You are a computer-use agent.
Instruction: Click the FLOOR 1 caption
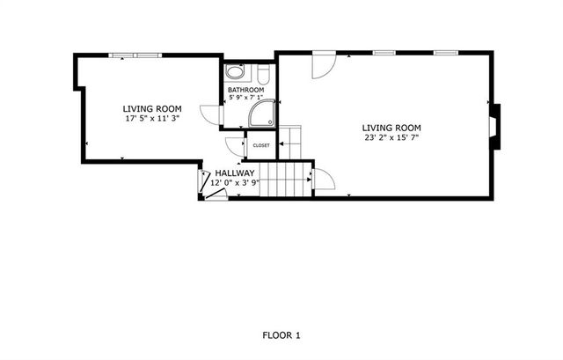pos(281,335)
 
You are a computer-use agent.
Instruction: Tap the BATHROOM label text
pos(245,90)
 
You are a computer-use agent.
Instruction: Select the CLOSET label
pos(261,145)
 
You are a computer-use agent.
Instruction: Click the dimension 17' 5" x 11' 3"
pos(150,118)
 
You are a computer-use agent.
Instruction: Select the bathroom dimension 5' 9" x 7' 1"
pos(245,98)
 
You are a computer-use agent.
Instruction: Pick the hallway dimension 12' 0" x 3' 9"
pos(234,183)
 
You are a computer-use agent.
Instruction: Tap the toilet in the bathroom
pos(261,74)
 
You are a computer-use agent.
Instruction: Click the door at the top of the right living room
pos(324,65)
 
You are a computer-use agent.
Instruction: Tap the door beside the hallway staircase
pos(324,179)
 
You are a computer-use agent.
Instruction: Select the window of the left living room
pos(135,55)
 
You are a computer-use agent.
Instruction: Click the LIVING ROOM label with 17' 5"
pos(150,108)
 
